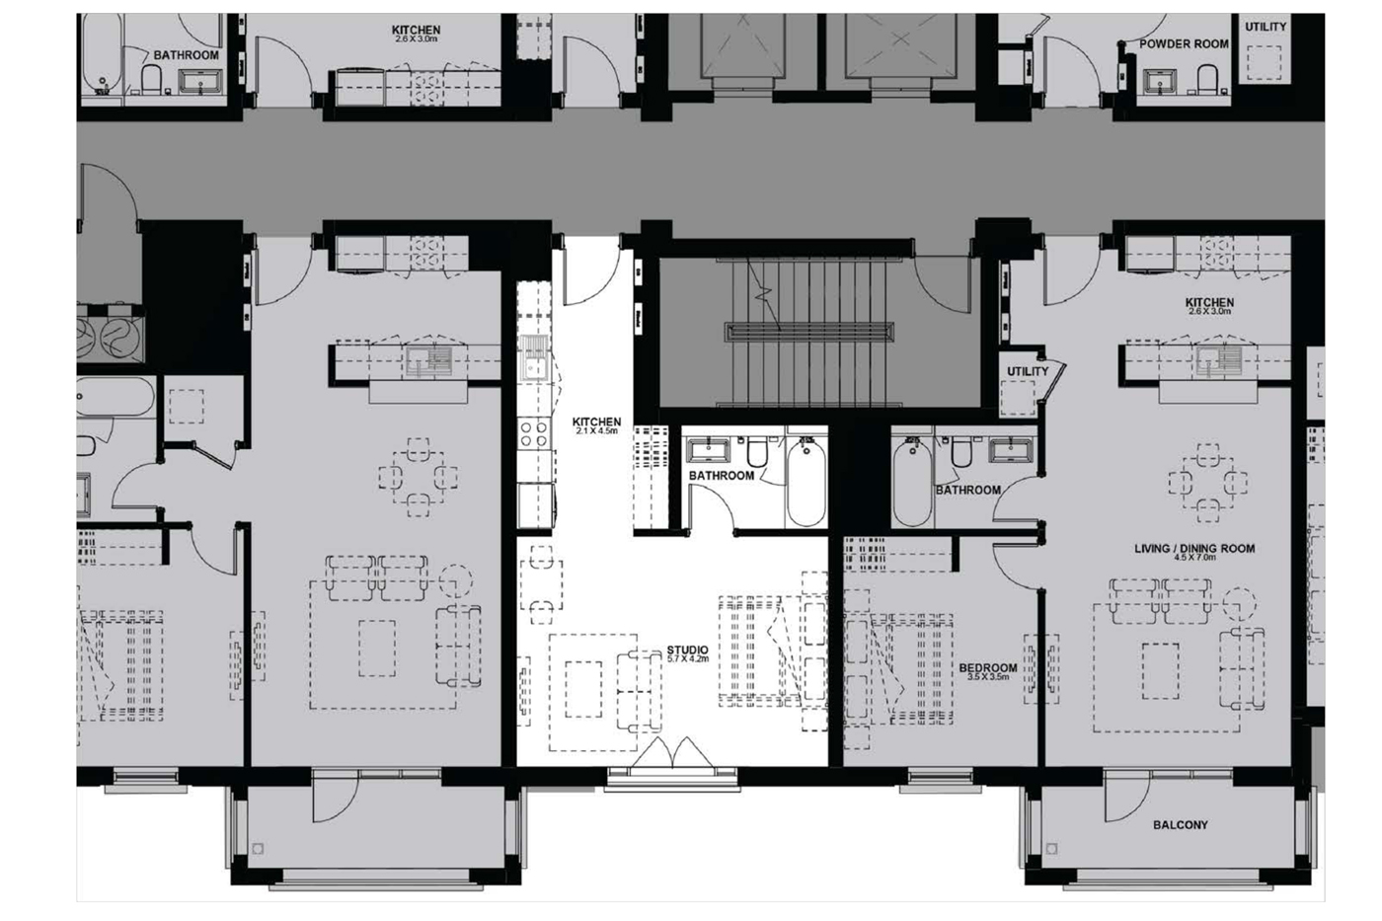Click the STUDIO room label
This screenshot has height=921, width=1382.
coord(687,651)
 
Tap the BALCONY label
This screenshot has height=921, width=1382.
coord(1181,825)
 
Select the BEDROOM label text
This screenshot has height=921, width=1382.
coord(988,668)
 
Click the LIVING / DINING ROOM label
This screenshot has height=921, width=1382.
coord(1194,549)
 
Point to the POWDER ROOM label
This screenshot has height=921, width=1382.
coord(1184,44)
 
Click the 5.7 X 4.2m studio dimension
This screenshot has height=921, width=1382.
coord(687,658)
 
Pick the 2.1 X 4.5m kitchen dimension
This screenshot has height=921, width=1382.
coord(596,431)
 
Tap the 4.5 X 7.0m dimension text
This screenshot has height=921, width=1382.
coord(1194,557)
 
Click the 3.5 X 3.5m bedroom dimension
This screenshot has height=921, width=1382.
coord(988,677)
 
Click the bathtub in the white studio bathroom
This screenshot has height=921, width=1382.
coord(806,481)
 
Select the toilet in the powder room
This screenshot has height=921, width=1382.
coord(1206,80)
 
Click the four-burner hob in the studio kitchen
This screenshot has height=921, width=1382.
coord(534,432)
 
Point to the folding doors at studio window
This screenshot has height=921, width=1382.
coord(671,752)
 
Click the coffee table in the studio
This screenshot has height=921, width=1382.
coord(583,689)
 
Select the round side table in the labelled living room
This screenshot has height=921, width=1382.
coord(1239,604)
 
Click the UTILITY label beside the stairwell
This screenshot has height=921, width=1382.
coord(1028,371)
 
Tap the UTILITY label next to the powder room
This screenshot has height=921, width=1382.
coord(1266,27)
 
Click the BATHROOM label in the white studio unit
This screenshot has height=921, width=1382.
coord(722,476)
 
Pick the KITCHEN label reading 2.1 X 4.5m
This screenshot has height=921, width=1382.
coord(596,422)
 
